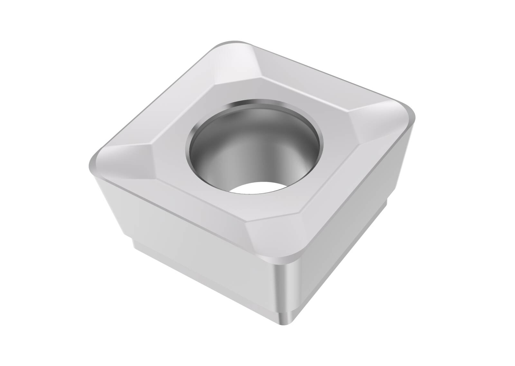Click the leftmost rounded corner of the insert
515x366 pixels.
pos(93,164)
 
